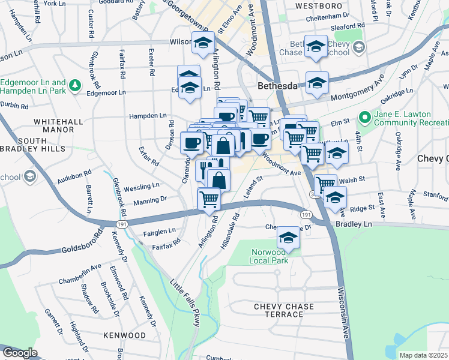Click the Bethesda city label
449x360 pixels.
pos(277,86)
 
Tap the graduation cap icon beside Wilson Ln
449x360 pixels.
pos(203,43)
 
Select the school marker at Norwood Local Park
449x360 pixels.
pos(288,239)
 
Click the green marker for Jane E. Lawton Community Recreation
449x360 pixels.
pos(364,116)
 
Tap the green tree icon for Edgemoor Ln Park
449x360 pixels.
pos(75,86)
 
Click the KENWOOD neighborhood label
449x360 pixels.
pos(124,335)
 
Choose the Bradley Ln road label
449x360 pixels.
pos(354,223)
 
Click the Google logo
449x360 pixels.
pos(20,353)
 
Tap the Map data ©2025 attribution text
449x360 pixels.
pos(423,355)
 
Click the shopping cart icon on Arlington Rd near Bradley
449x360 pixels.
pos(208,197)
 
